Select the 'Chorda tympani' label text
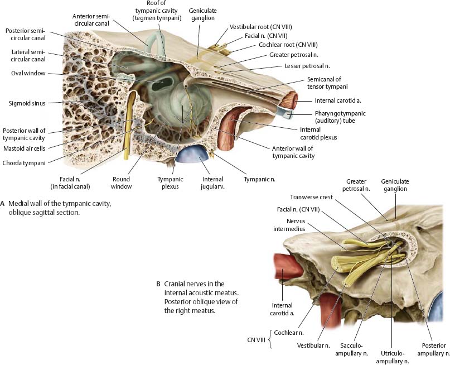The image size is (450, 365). coord(23,163)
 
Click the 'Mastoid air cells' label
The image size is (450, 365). coord(23,148)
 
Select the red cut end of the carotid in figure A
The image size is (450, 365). coord(290,100)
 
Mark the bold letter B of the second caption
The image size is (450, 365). coord(158,284)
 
